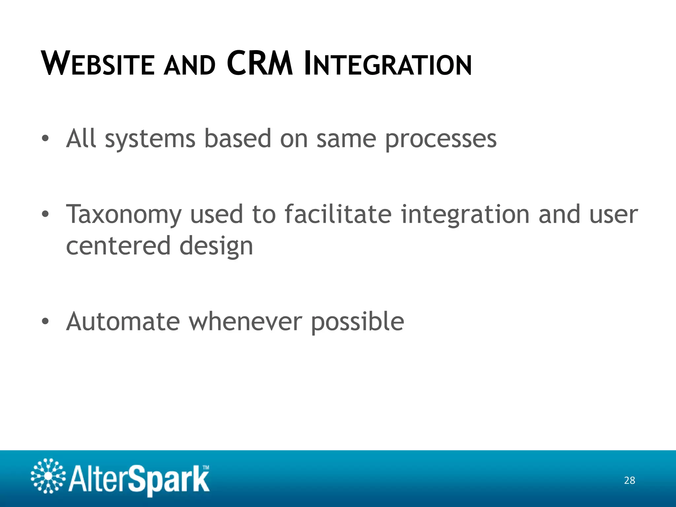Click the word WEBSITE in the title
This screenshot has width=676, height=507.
(x=98, y=64)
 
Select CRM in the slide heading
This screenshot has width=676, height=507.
(x=260, y=64)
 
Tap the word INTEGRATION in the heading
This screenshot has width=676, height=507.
(x=388, y=64)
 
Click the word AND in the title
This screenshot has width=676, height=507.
(x=190, y=65)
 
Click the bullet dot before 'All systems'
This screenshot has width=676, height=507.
(x=45, y=139)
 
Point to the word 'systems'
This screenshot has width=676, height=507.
(x=150, y=139)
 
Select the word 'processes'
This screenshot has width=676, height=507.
(x=441, y=139)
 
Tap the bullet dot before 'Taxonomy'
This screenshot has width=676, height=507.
(x=45, y=215)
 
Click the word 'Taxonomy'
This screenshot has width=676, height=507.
(x=124, y=215)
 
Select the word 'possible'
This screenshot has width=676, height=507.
(x=357, y=322)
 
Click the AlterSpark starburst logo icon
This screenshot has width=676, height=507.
(x=48, y=476)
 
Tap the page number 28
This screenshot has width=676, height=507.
(x=629, y=480)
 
